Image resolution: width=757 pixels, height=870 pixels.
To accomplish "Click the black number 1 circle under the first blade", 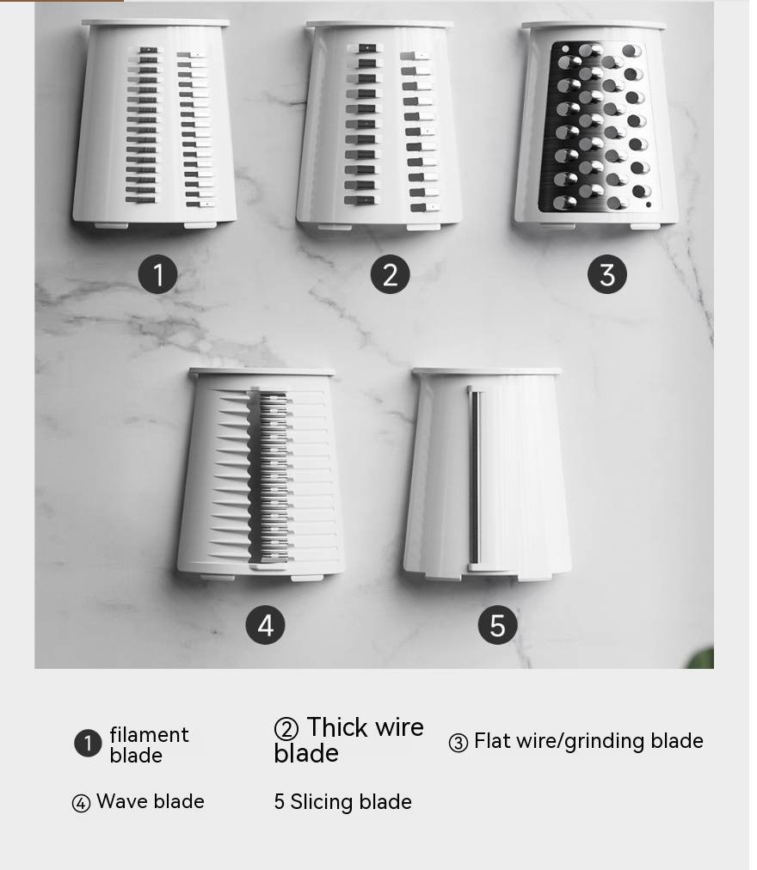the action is [157, 274].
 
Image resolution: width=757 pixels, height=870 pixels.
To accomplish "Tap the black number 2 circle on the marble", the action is [390, 274].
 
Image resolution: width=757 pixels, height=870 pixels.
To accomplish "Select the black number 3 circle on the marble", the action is [607, 274].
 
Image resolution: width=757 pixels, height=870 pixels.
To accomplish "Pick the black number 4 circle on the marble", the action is [266, 625].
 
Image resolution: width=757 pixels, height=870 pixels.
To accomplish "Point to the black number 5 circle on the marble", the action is [497, 625].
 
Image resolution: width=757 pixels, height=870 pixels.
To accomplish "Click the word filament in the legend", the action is [150, 735].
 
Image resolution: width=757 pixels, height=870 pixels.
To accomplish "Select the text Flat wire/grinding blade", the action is [588, 742].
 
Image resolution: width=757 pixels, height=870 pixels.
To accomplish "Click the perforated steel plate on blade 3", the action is [600, 126].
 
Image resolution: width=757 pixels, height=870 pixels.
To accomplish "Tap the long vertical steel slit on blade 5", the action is [474, 477].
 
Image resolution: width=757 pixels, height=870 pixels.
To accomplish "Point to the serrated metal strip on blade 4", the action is [274, 477].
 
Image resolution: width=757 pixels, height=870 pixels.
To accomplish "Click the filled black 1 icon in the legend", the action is [88, 743].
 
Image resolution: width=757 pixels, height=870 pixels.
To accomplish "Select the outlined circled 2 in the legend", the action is [286, 728].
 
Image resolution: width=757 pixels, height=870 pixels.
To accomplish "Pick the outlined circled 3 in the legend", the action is [459, 743].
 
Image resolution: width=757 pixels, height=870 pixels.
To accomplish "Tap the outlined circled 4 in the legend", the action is [81, 803].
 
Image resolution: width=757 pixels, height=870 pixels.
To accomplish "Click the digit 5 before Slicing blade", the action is [280, 802].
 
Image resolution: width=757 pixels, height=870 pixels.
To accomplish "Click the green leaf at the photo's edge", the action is [701, 658].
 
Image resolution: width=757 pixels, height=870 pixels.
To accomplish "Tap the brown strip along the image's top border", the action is [62, 1].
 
